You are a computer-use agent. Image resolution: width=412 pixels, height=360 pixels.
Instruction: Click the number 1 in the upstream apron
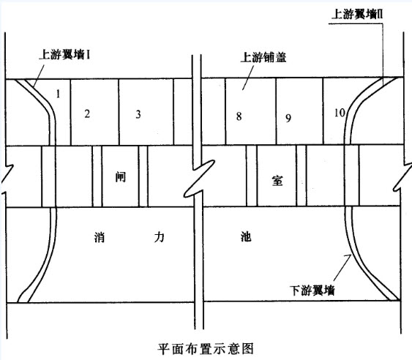pyautogui.click(x=59, y=94)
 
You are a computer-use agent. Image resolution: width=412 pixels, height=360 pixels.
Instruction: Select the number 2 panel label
pyautogui.click(x=87, y=114)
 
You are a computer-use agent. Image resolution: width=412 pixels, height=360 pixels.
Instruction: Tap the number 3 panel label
pyautogui.click(x=138, y=114)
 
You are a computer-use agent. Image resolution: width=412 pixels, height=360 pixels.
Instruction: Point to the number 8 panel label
pyautogui.click(x=239, y=116)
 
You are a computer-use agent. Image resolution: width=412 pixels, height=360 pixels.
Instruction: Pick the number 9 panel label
pyautogui.click(x=288, y=119)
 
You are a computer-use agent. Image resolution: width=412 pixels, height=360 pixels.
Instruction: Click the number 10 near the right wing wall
pyautogui.click(x=340, y=113)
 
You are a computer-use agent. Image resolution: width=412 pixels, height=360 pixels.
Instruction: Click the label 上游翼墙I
pyautogui.click(x=64, y=55)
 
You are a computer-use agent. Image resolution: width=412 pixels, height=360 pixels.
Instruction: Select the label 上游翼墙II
pyautogui.click(x=357, y=14)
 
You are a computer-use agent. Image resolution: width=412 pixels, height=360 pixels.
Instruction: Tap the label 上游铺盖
pyautogui.click(x=263, y=57)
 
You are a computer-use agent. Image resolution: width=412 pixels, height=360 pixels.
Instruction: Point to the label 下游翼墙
pyautogui.click(x=312, y=290)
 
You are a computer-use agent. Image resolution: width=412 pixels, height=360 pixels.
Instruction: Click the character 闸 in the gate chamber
pyautogui.click(x=121, y=177)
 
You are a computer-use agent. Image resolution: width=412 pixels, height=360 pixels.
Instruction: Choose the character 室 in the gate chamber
pyautogui.click(x=277, y=181)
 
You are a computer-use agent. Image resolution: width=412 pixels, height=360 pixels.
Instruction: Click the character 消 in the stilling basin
pyautogui.click(x=100, y=237)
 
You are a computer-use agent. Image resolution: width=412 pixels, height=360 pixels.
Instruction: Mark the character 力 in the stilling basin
pyautogui.click(x=160, y=237)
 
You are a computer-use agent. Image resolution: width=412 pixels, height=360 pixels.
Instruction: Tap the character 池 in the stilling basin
pyautogui.click(x=246, y=236)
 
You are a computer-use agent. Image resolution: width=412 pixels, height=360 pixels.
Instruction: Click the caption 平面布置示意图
pyautogui.click(x=206, y=349)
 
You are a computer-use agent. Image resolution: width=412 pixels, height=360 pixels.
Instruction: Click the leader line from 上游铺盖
pyautogui.click(x=248, y=78)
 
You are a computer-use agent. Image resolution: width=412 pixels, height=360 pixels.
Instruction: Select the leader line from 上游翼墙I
pyautogui.click(x=38, y=75)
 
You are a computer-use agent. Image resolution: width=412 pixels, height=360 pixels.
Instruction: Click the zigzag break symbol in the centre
pyautogui.click(x=199, y=179)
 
